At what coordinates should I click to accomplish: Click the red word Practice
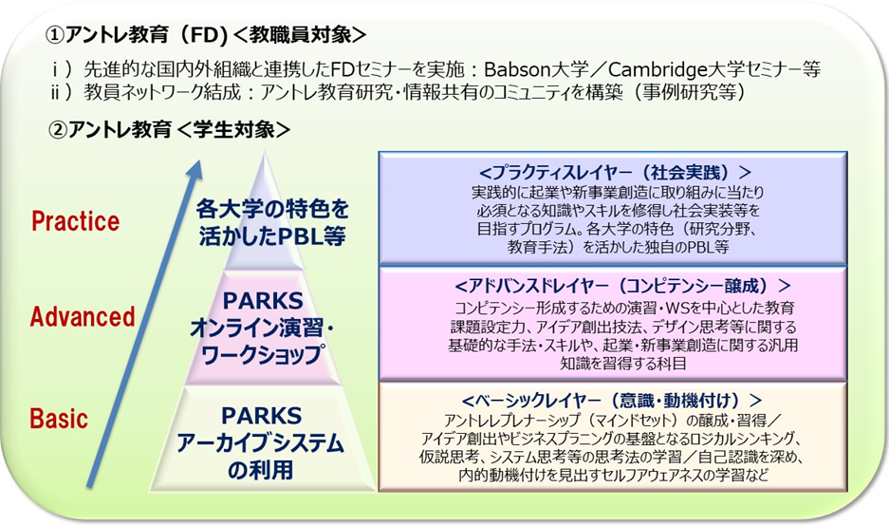(75, 221)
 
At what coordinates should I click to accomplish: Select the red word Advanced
(83, 316)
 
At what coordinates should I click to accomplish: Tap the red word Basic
(59, 419)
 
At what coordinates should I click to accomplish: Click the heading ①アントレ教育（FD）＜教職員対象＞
(206, 35)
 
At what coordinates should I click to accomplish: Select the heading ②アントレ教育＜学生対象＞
(170, 129)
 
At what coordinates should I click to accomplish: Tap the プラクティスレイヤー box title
(615, 172)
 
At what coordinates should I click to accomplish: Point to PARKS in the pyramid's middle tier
(263, 301)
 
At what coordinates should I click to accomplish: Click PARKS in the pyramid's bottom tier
(261, 416)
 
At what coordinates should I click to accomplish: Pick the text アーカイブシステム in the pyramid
(260, 443)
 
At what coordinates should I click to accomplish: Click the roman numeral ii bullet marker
(61, 92)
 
